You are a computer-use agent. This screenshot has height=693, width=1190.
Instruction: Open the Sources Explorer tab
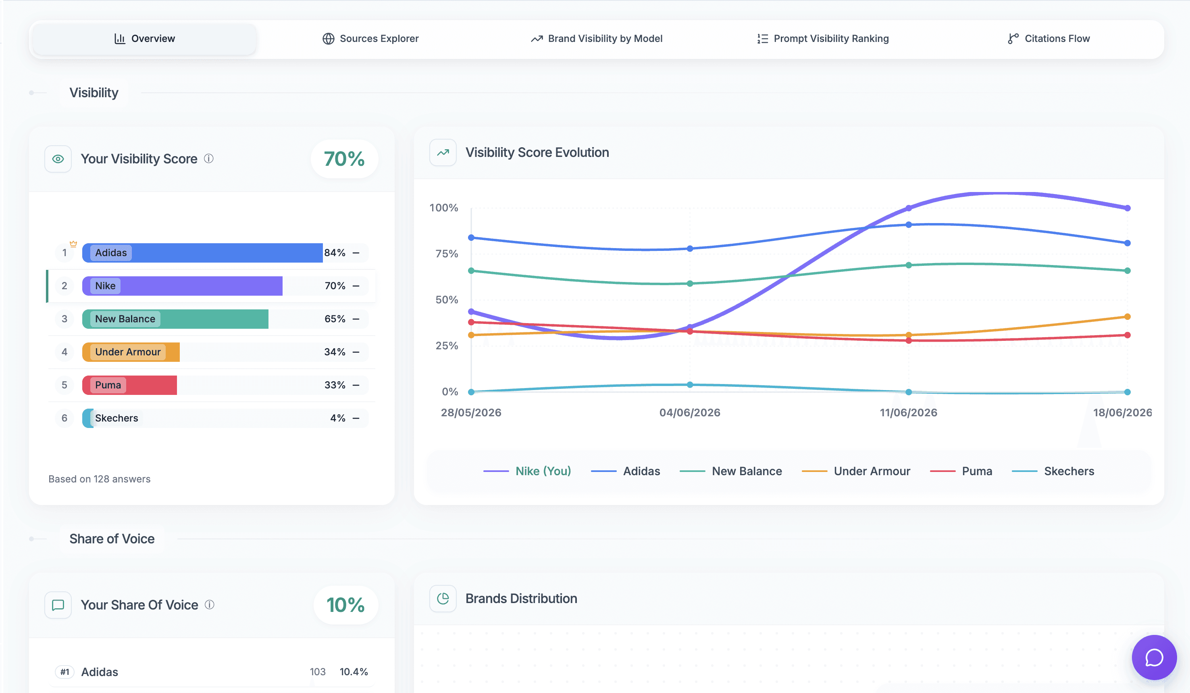coord(370,39)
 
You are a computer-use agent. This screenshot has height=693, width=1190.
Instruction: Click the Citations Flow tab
coord(1049,39)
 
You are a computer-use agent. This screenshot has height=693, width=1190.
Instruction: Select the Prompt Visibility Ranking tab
coord(823,39)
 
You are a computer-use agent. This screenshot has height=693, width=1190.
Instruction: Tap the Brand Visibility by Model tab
coord(597,39)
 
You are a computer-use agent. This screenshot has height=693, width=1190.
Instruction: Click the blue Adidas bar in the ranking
coord(202,253)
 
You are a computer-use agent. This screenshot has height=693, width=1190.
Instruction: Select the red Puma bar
coord(129,385)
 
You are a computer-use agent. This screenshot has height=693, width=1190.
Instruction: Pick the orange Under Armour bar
coord(131,352)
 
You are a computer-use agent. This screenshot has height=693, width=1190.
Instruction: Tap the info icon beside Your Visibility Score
coord(209,159)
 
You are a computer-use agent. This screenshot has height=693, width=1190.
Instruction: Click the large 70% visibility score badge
coord(344,159)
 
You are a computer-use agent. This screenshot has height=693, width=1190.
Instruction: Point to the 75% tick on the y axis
coord(447,254)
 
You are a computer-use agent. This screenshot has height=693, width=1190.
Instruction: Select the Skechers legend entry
coord(1053,471)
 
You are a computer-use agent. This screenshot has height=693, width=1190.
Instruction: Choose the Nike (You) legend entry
coord(527,471)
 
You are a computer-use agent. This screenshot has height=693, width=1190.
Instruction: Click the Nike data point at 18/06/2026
coord(1127,208)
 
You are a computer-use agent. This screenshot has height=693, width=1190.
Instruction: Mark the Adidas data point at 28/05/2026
coord(471,238)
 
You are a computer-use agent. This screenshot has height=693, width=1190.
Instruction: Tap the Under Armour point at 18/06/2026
coord(1127,317)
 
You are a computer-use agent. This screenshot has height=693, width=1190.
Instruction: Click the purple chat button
coord(1154,657)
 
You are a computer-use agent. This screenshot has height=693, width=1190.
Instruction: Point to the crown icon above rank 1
coord(73,244)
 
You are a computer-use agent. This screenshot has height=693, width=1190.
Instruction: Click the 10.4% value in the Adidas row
coord(354,672)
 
